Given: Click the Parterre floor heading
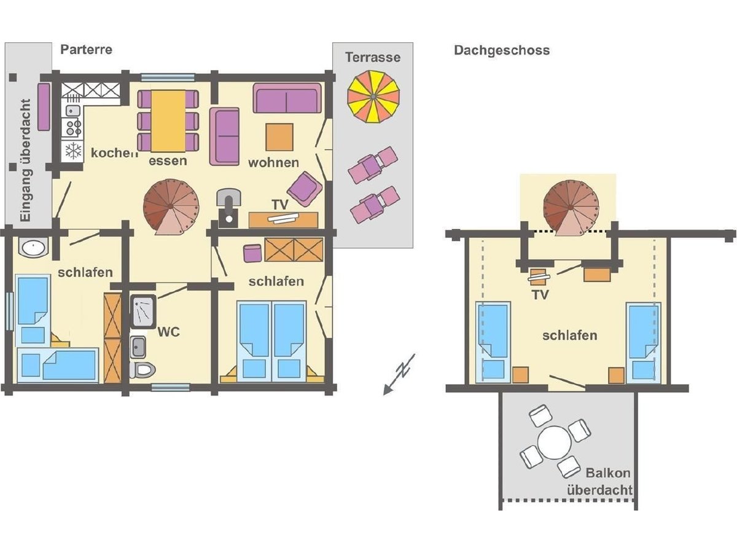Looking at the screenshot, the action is click(x=87, y=50).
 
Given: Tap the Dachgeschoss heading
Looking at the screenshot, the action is click(x=502, y=50).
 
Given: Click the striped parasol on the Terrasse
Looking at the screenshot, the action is click(x=373, y=96).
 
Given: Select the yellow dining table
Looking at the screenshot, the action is click(x=168, y=121).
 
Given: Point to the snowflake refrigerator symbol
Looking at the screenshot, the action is click(x=73, y=151).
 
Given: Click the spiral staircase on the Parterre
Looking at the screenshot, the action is click(x=171, y=206).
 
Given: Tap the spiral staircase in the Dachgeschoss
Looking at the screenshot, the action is click(x=571, y=208).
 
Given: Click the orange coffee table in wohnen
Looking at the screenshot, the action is click(x=279, y=137).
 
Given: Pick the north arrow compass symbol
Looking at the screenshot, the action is click(x=399, y=374).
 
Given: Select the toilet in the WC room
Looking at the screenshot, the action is click(x=142, y=370).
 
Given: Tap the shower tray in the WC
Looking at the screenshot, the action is click(x=143, y=312).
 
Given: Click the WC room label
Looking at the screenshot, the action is click(x=168, y=332).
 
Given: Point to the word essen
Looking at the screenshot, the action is click(x=168, y=161).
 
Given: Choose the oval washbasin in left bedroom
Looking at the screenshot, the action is click(x=33, y=248).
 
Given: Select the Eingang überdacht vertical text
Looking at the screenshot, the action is click(x=26, y=160).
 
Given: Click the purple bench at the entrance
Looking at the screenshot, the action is click(x=44, y=107).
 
